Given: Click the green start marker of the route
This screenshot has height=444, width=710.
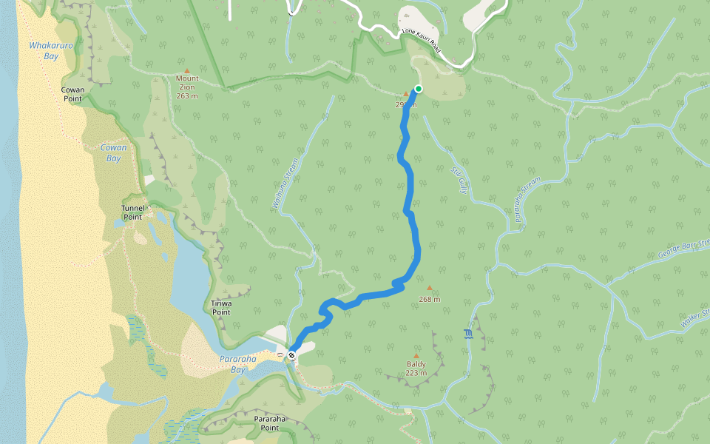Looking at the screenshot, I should pos(419,89).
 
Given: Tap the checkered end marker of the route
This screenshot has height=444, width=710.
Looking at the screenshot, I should pos(292,355).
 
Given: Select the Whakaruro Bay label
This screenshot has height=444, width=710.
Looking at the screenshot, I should pos(44,50).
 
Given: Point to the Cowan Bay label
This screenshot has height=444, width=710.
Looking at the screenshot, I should pos(113,153).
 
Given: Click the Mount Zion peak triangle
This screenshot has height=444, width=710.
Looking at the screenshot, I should pos(187,71).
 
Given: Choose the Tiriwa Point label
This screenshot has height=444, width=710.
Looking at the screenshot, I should pos(221,307).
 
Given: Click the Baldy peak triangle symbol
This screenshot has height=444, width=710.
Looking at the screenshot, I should pos(416,356).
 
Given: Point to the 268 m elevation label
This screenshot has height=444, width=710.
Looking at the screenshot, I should pos(429,300).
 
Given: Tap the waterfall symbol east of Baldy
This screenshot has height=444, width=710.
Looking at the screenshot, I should pos(467,334).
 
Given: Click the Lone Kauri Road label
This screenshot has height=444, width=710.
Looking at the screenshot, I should pos(421,41).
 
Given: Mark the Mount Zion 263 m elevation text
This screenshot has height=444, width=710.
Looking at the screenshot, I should pos(187,95).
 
